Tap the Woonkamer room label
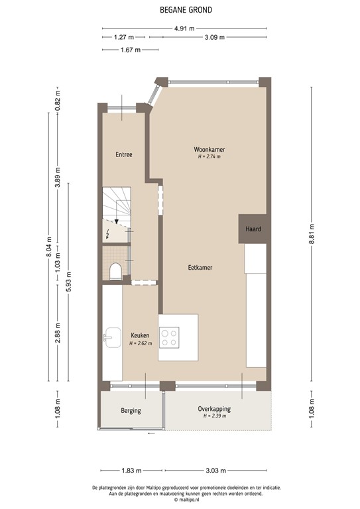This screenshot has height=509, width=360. click(x=209, y=149)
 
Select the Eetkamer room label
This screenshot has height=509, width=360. click(x=200, y=267)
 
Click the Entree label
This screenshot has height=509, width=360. click(x=124, y=154)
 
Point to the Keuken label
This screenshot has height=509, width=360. click(x=140, y=335)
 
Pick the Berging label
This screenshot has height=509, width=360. click(x=131, y=410)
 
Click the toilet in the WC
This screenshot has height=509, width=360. click(x=115, y=270)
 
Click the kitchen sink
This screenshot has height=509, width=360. click(x=111, y=337)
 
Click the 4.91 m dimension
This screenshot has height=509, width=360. click(x=184, y=28)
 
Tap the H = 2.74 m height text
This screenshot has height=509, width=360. click(x=209, y=157)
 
